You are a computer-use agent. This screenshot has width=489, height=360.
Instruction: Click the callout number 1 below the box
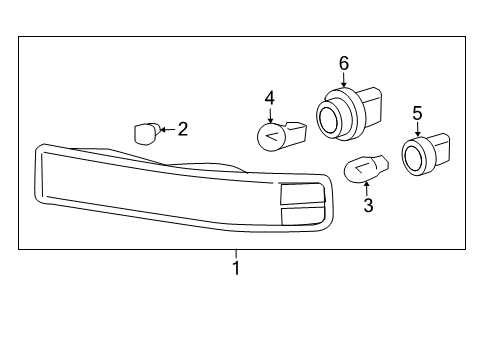[x=236, y=269]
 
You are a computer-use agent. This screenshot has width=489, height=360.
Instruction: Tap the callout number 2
[x=182, y=128]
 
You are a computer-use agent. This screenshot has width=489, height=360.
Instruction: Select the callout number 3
[x=368, y=207]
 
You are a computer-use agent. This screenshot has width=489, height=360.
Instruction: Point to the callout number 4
[x=269, y=97]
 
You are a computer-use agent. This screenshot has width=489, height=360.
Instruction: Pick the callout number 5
[x=417, y=113]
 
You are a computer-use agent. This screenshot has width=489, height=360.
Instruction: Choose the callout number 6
[x=343, y=63]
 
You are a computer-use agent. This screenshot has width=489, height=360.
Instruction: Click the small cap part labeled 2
[x=146, y=131]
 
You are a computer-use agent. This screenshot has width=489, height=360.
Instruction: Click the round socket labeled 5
[x=420, y=155]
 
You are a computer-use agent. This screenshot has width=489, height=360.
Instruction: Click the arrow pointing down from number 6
[x=343, y=80]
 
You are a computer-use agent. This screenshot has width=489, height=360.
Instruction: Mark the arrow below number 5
[x=417, y=128]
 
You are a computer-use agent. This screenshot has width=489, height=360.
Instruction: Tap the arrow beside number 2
[x=167, y=129]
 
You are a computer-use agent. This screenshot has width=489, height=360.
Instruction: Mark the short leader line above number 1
[x=236, y=254]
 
